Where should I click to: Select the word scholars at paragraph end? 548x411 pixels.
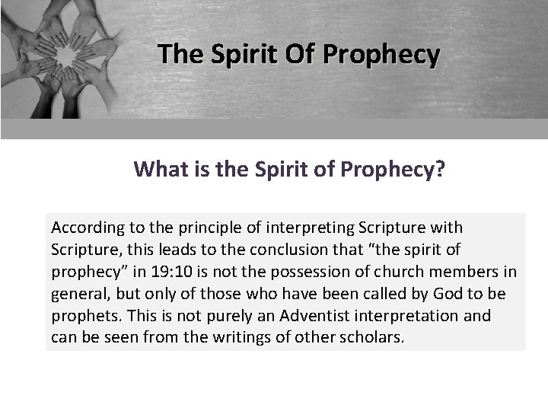tap(371, 337)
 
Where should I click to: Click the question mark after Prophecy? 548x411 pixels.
tap(439, 168)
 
